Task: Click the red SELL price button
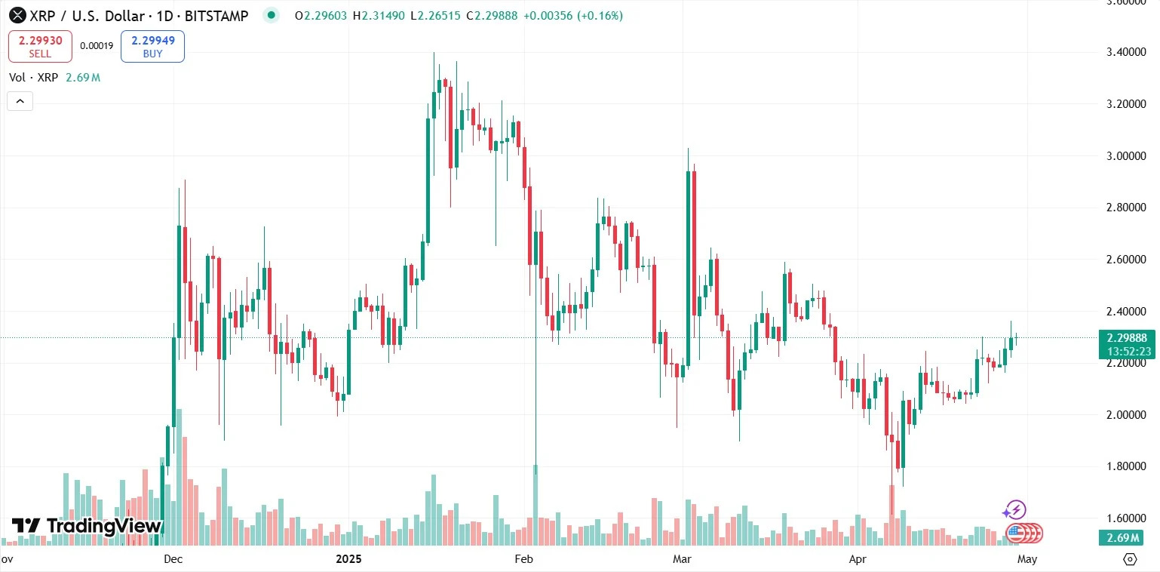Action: (40, 46)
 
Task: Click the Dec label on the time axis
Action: (173, 559)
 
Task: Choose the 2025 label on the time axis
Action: (348, 559)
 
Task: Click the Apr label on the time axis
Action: (857, 559)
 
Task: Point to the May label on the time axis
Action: (1027, 559)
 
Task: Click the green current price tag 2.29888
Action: (1123, 338)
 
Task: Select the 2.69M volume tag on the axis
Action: (1123, 538)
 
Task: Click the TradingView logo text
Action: (87, 526)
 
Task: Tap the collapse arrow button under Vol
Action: (20, 101)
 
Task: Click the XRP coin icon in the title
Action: (16, 15)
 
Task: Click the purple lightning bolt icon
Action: (1014, 511)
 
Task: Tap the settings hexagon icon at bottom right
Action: (1130, 559)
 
